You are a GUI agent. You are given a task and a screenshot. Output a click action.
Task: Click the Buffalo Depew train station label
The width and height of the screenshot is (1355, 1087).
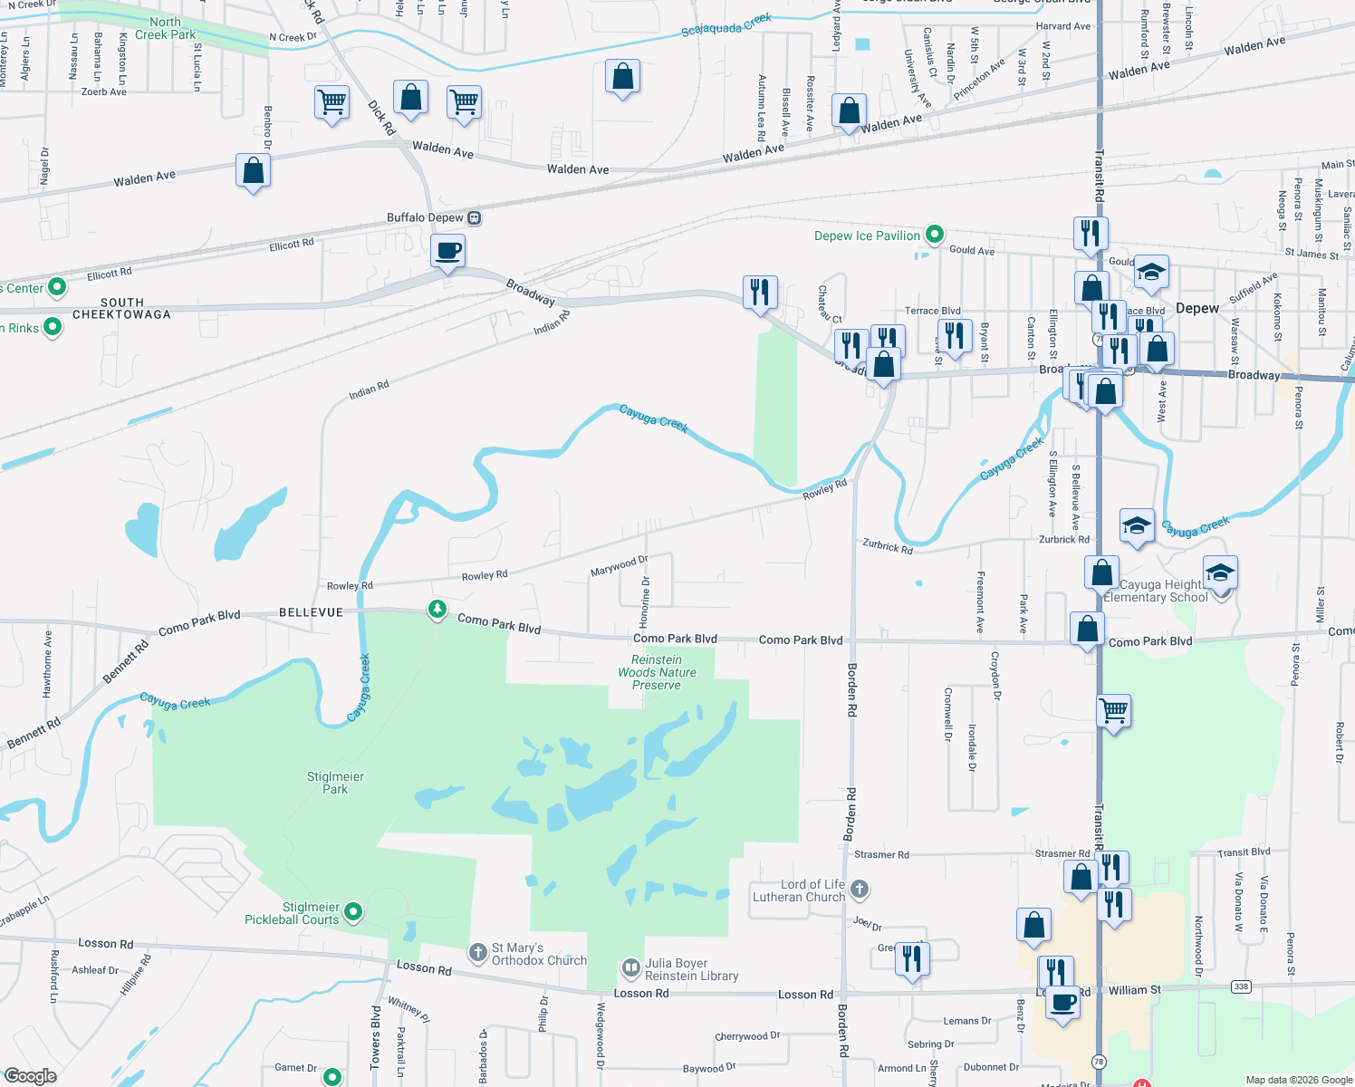pyautogui.click(x=425, y=217)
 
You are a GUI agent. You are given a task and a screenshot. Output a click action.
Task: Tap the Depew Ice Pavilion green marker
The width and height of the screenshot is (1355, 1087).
pyautogui.click(x=935, y=236)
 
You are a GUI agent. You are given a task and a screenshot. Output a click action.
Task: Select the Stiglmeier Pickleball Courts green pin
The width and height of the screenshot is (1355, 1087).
pyautogui.click(x=354, y=911)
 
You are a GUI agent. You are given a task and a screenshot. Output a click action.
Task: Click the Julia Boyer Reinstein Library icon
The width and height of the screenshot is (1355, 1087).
pyautogui.click(x=630, y=969)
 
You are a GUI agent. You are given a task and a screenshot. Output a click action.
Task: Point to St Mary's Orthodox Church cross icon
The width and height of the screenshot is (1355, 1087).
pyautogui.click(x=478, y=953)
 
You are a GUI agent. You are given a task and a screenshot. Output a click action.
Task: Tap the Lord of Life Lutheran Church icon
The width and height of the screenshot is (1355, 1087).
pyautogui.click(x=860, y=890)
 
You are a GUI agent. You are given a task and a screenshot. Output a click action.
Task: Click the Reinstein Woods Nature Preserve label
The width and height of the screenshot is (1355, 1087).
pyautogui.click(x=657, y=672)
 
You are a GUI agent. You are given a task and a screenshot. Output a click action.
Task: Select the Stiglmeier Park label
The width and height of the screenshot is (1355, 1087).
pyautogui.click(x=335, y=783)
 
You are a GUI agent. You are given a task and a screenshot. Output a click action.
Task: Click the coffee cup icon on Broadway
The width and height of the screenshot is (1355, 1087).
pyautogui.click(x=447, y=250)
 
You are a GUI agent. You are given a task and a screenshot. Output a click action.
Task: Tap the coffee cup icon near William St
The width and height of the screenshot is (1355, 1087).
pyautogui.click(x=1063, y=1004)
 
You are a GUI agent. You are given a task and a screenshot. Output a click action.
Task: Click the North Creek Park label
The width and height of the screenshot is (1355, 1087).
pyautogui.click(x=165, y=28)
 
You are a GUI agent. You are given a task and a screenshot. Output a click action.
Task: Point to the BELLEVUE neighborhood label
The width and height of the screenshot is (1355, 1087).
pyautogui.click(x=311, y=612)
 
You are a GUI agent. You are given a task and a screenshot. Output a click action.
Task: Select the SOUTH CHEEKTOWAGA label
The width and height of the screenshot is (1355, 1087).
pyautogui.click(x=121, y=308)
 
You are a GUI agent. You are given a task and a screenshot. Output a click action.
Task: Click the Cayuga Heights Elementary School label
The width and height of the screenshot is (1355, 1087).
pyautogui.click(x=1156, y=591)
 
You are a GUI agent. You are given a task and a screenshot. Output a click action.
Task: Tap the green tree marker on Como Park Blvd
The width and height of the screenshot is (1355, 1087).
pyautogui.click(x=437, y=609)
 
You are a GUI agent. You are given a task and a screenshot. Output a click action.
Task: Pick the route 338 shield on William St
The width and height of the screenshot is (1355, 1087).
pyautogui.click(x=1241, y=986)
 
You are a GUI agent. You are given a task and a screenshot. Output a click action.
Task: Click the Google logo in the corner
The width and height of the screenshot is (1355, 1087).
pyautogui.click(x=30, y=1076)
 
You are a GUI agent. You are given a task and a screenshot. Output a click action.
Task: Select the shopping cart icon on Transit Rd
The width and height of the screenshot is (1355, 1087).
pyautogui.click(x=1113, y=710)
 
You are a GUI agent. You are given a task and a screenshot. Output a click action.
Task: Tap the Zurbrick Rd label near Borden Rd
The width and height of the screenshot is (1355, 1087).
pyautogui.click(x=888, y=546)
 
